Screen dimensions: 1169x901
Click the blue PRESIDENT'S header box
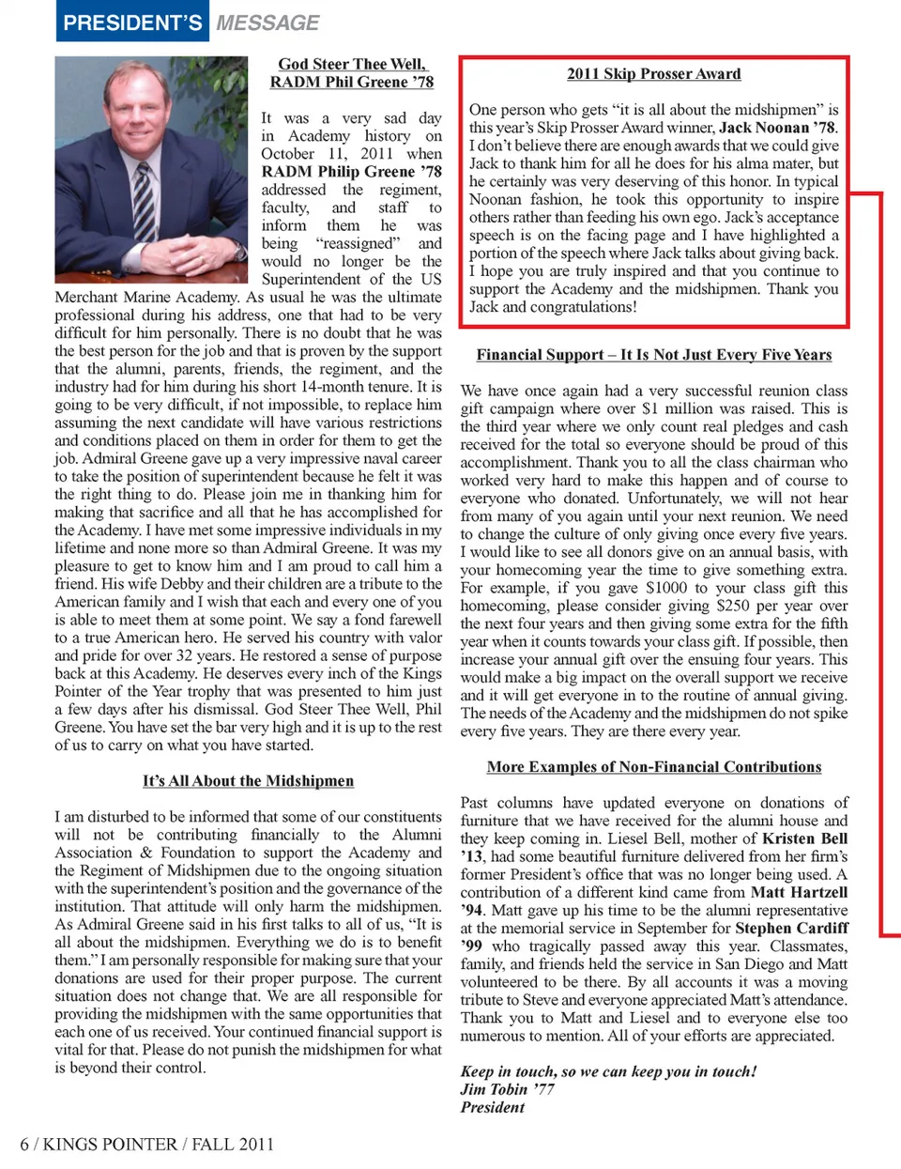[x=132, y=22]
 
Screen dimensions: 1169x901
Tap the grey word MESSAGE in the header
[x=267, y=23]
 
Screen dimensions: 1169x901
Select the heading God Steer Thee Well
[x=352, y=64]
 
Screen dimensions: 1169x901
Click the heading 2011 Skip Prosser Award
[x=653, y=74]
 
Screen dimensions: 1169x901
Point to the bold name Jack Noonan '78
[x=777, y=128]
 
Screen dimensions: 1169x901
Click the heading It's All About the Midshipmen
[x=248, y=781]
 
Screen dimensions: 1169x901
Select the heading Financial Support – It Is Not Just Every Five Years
[x=653, y=355]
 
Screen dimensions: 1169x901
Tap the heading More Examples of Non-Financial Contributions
[x=653, y=767]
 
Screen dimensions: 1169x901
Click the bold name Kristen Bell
[x=804, y=838]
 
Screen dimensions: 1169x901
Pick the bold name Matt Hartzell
[x=799, y=892]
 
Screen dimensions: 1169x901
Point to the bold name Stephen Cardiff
[x=792, y=928]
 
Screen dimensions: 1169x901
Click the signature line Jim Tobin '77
[x=507, y=1089]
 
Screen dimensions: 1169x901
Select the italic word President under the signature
[x=493, y=1107]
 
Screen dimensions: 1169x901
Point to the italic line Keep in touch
[x=608, y=1071]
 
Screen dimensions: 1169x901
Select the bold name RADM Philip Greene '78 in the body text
[x=351, y=172]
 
